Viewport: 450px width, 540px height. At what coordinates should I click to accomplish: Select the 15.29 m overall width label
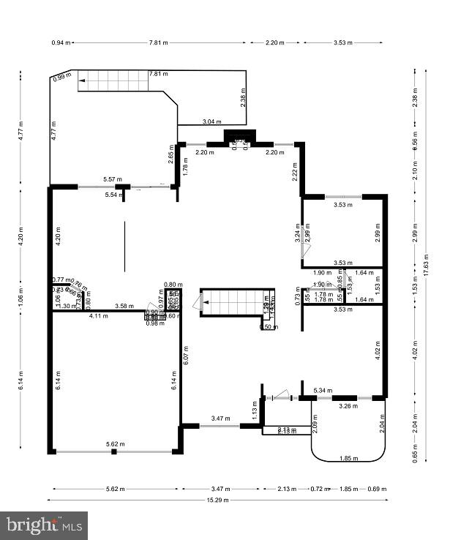pos(217,500)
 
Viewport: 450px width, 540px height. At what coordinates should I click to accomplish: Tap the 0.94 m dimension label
pos(61,42)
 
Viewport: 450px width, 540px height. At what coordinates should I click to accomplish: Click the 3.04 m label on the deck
pos(210,121)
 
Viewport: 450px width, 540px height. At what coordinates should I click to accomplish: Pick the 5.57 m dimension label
pos(112,179)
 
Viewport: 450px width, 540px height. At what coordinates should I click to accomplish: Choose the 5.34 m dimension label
pos(323,391)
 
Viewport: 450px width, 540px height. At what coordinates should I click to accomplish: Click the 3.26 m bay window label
pos(350,405)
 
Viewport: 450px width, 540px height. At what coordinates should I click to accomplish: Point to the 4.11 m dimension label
pos(98,316)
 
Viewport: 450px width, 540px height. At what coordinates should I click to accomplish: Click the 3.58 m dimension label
pos(124,306)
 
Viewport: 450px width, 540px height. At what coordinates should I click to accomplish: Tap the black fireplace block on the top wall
pos(239,136)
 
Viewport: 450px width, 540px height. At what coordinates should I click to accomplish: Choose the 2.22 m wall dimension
pos(294,173)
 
